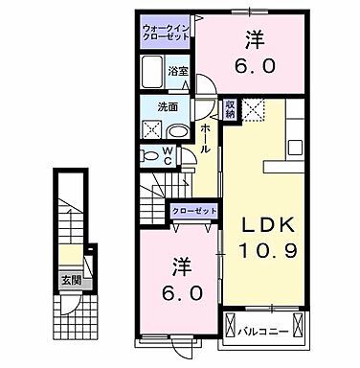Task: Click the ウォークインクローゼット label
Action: point(166,34)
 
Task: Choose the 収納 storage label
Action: point(230,109)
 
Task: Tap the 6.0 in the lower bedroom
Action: point(186,293)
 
